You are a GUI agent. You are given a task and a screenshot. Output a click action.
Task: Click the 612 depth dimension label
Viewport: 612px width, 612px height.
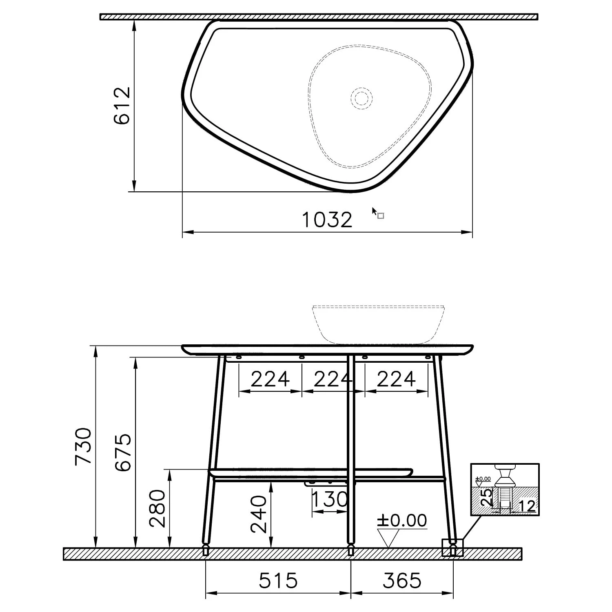(122, 106)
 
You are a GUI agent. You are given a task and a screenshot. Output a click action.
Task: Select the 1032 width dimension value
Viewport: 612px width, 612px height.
(327, 220)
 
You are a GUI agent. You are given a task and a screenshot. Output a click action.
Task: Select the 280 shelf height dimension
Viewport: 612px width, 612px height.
(157, 508)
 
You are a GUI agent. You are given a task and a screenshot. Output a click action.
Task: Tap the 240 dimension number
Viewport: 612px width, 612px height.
(258, 514)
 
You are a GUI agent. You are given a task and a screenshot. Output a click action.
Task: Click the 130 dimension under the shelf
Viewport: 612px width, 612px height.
(330, 499)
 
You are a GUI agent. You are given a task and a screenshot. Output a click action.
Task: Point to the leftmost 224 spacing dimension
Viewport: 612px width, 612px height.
(270, 379)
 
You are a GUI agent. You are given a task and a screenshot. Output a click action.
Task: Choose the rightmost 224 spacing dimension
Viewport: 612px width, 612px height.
(396, 379)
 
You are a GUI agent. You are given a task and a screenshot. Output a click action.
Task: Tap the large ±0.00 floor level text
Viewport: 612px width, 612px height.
(401, 521)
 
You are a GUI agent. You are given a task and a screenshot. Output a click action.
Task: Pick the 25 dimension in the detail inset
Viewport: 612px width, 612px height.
(486, 498)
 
